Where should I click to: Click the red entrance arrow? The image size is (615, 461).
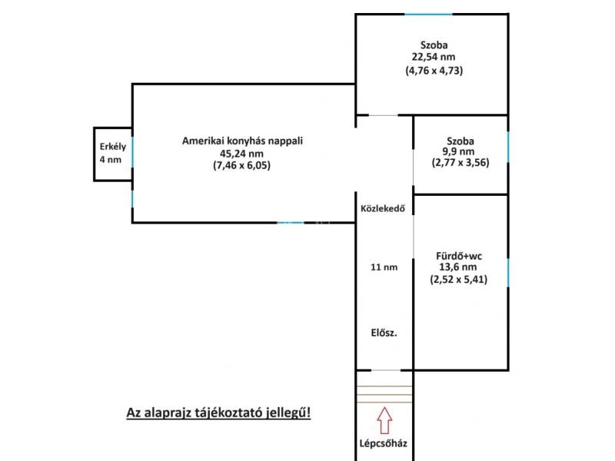384,420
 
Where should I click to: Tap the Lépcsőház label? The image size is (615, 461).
383,443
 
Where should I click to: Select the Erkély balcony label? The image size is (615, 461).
113,147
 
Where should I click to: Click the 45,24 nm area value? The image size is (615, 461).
241,153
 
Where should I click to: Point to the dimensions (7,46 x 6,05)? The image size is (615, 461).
241,165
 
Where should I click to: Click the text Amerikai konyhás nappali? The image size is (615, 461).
242,141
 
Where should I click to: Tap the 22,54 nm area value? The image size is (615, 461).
434,57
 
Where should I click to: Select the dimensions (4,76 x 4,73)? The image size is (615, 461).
434,70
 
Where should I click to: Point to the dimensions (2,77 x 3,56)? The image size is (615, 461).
460,162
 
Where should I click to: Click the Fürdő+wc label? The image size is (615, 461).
459,257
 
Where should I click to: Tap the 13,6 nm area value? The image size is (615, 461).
457,267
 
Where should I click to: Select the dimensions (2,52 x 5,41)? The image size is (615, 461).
458,280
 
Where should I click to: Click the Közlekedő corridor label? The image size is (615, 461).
383,208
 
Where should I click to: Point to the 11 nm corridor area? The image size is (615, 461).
384,267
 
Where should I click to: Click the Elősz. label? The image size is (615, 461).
384,333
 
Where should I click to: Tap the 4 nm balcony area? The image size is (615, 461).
111,160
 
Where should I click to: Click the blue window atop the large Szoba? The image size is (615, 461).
428,15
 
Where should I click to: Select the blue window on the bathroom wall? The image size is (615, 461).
508,273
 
